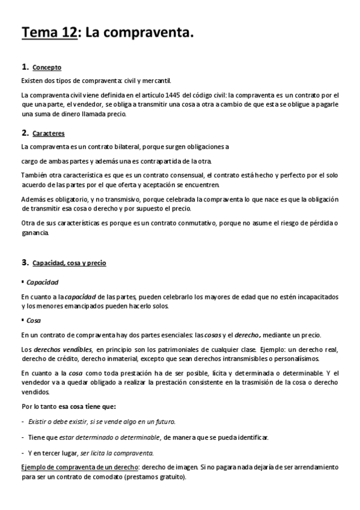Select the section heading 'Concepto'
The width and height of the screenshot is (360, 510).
tap(47, 67)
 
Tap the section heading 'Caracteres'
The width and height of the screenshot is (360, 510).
tap(49, 133)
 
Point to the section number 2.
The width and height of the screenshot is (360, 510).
tap(24, 132)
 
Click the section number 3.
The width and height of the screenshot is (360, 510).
tap(24, 263)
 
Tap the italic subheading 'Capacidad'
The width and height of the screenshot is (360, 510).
tap(43, 281)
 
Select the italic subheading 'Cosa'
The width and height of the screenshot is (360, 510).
tap(34, 321)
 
